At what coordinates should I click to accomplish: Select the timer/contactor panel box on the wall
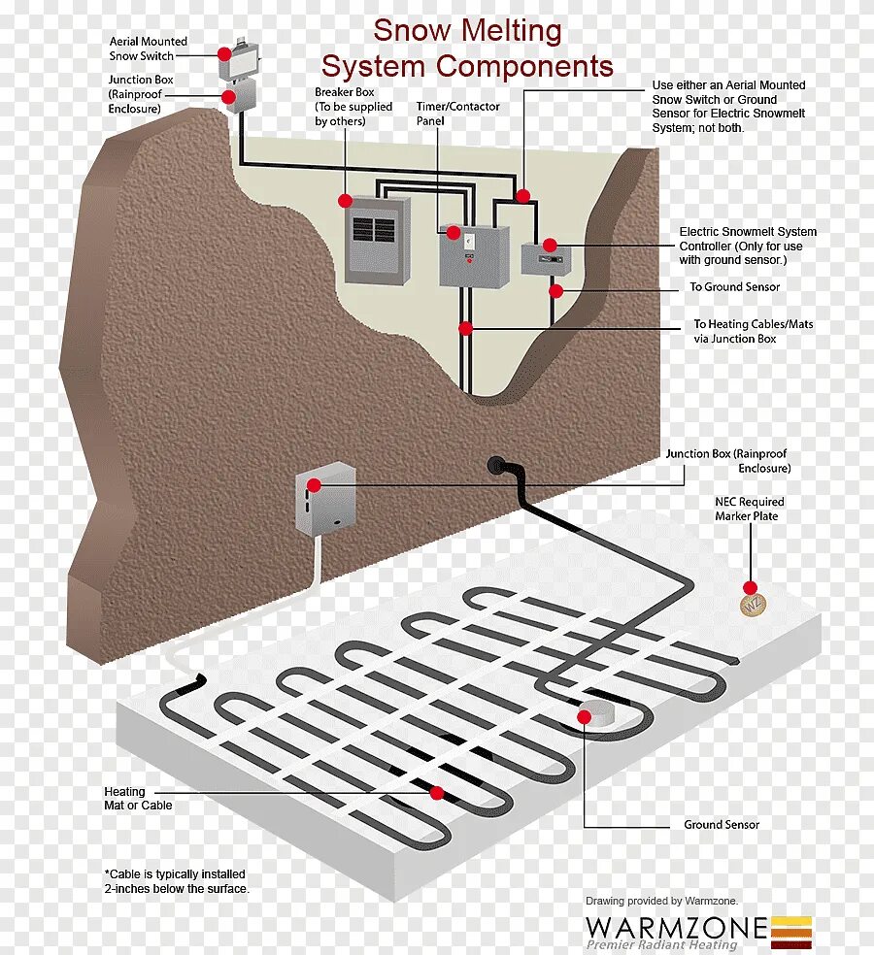pos(474,255)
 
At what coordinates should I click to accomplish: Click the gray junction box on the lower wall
pos(325,499)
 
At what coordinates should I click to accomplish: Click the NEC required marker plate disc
pos(754,604)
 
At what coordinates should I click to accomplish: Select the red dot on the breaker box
pos(345,200)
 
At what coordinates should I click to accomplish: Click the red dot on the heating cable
pos(437,792)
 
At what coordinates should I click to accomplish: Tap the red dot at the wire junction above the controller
pos(523,196)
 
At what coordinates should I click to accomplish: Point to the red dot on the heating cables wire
pos(466,328)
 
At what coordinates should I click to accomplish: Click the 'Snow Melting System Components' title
pos(467,49)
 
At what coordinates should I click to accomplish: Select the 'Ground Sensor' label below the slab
pos(721,824)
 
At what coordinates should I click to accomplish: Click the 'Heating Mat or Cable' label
pos(138,798)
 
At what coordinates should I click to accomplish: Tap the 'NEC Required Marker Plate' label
pos(749,509)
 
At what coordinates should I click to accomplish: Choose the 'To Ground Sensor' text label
pos(734,287)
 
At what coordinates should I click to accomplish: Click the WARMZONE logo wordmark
pos(675,927)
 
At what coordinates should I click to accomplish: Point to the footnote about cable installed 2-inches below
pos(176,881)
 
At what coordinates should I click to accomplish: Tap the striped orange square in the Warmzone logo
pos(791,932)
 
